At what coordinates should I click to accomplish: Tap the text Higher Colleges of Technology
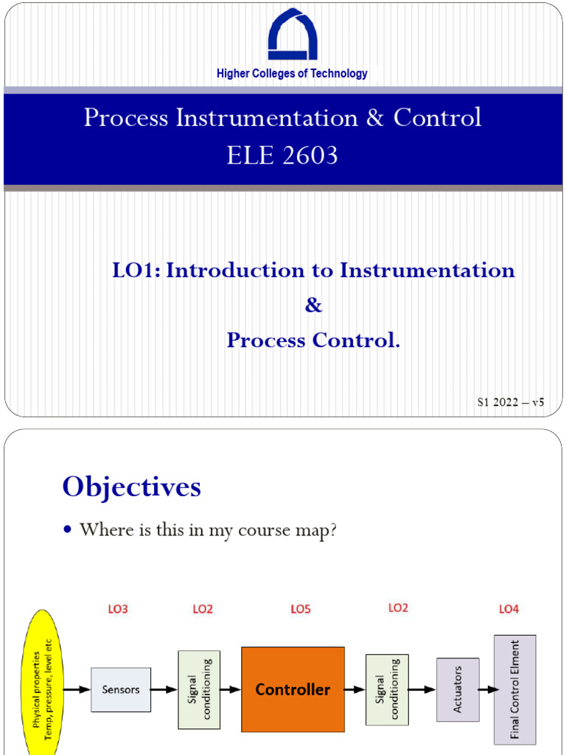coord(292,74)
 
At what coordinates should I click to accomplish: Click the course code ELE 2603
coord(283,156)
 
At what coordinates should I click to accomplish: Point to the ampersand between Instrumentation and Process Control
coord(313,305)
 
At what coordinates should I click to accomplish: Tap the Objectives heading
coord(132,487)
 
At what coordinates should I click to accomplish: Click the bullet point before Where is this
coord(69,531)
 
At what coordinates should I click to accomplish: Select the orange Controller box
coord(293,689)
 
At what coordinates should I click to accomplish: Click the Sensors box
coord(120,689)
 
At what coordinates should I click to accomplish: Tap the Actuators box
coord(457,689)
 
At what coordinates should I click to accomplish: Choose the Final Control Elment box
coord(514,689)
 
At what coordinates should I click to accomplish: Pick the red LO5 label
coord(301,609)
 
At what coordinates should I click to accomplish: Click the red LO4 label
coord(509,609)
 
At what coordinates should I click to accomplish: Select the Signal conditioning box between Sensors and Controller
coord(199,689)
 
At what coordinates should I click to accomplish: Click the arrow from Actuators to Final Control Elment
coord(486,689)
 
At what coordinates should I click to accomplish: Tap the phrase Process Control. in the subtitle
coord(313,341)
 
